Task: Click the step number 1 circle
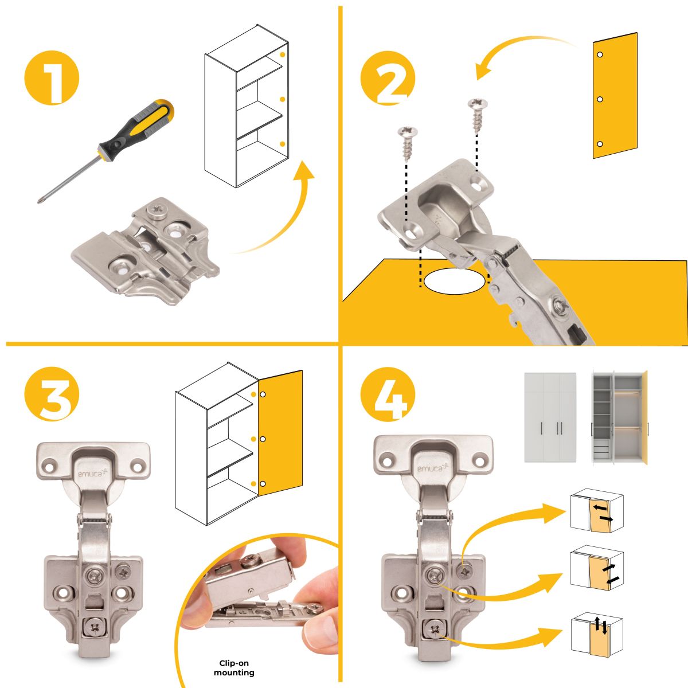tap(52, 78)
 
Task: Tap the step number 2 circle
tap(388, 78)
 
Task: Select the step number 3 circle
tap(52, 394)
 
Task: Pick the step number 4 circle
tap(388, 394)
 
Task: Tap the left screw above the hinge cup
tap(408, 143)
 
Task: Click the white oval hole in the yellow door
tap(456, 282)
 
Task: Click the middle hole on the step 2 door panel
tap(600, 99)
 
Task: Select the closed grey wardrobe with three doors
tap(550, 417)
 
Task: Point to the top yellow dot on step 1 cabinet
tap(282, 54)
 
